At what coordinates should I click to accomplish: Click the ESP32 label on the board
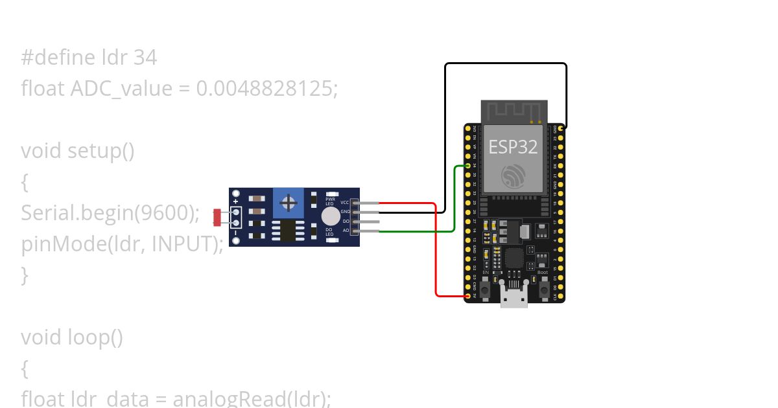[x=513, y=147]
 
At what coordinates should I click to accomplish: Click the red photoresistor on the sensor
[x=217, y=218]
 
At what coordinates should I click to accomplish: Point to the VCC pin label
[x=344, y=203]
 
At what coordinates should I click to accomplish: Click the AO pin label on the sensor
[x=346, y=230]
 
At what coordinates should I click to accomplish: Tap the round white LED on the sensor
[x=331, y=216]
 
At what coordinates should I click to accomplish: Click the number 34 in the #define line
[x=145, y=58]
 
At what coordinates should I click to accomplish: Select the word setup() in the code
[x=101, y=151]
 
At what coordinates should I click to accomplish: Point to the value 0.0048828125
[x=266, y=89]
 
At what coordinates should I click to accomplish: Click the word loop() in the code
[x=95, y=337]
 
